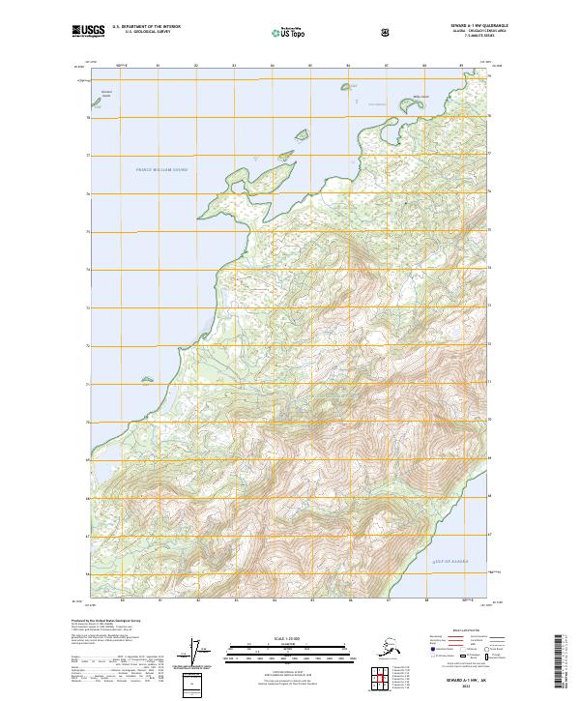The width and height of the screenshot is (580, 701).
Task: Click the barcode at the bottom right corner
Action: (x=562, y=657)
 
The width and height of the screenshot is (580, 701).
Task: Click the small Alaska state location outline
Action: (x=391, y=647)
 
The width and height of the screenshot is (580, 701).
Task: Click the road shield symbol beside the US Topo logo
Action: (x=386, y=33)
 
